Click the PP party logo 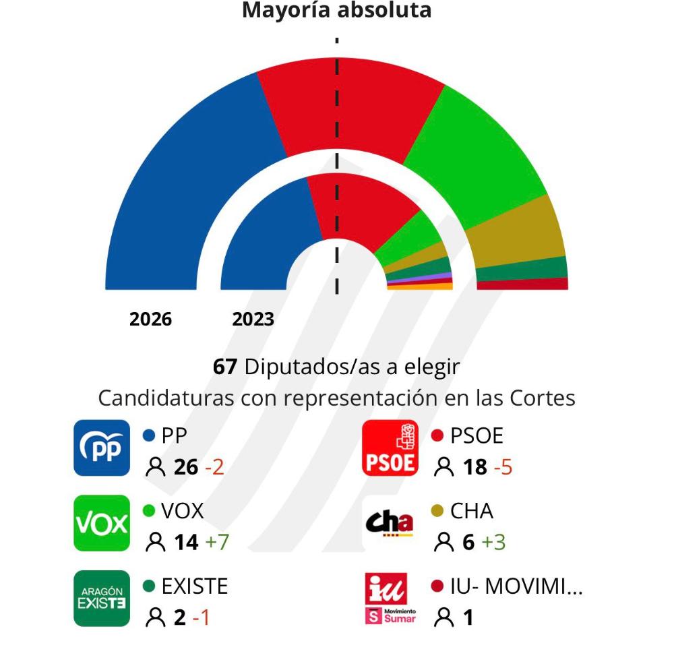(x=101, y=448)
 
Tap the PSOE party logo (x=390, y=448)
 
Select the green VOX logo (x=101, y=523)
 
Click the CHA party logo (x=390, y=523)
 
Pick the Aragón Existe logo (x=101, y=598)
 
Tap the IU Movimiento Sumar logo (x=390, y=598)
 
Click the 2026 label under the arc (x=150, y=319)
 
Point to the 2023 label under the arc (x=253, y=319)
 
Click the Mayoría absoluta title (x=336, y=11)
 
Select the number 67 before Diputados (x=225, y=367)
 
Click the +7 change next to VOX (x=217, y=542)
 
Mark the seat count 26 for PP (x=185, y=467)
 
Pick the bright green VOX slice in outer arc (x=472, y=155)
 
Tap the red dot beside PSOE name (x=437, y=436)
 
